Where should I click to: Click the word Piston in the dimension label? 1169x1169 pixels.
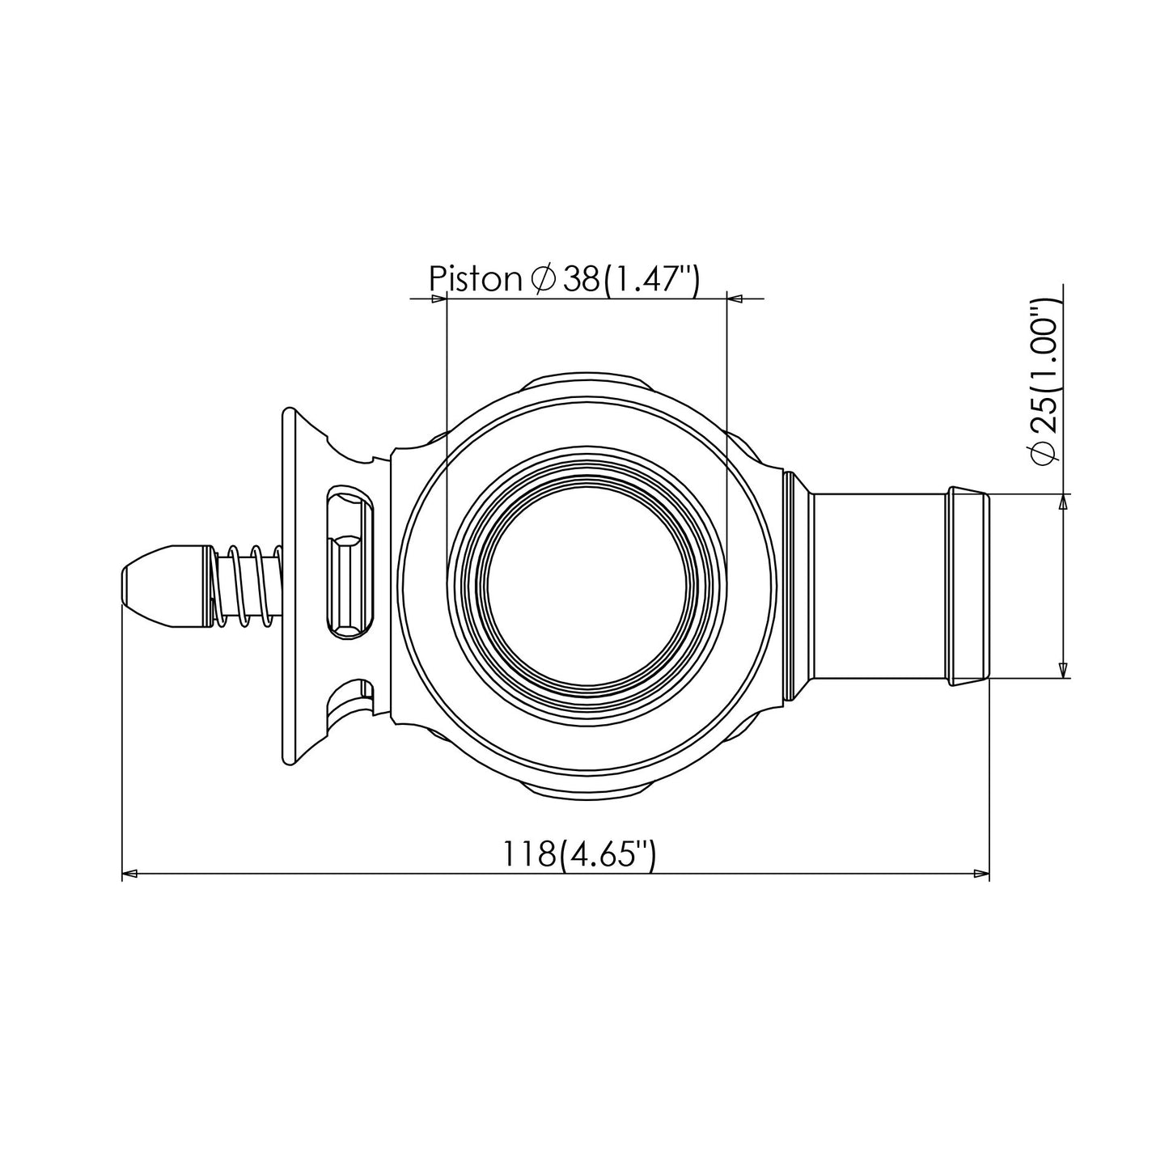click(475, 279)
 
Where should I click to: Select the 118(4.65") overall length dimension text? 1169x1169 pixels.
click(578, 855)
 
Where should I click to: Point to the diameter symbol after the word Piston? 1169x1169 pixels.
click(542, 279)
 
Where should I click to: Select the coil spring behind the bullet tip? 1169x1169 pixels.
click(247, 585)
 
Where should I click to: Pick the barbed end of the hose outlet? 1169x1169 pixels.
click(969, 586)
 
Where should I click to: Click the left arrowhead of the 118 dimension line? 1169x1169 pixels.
click(130, 874)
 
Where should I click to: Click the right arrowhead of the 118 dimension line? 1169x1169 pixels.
click(981, 874)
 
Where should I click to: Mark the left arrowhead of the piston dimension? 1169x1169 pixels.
click(439, 299)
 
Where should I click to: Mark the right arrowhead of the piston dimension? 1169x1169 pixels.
click(735, 299)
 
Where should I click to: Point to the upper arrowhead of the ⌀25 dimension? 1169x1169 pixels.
click(1063, 502)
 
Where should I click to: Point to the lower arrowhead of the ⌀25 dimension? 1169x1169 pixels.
click(1063, 669)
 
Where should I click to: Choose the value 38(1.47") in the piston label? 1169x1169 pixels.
click(631, 279)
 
